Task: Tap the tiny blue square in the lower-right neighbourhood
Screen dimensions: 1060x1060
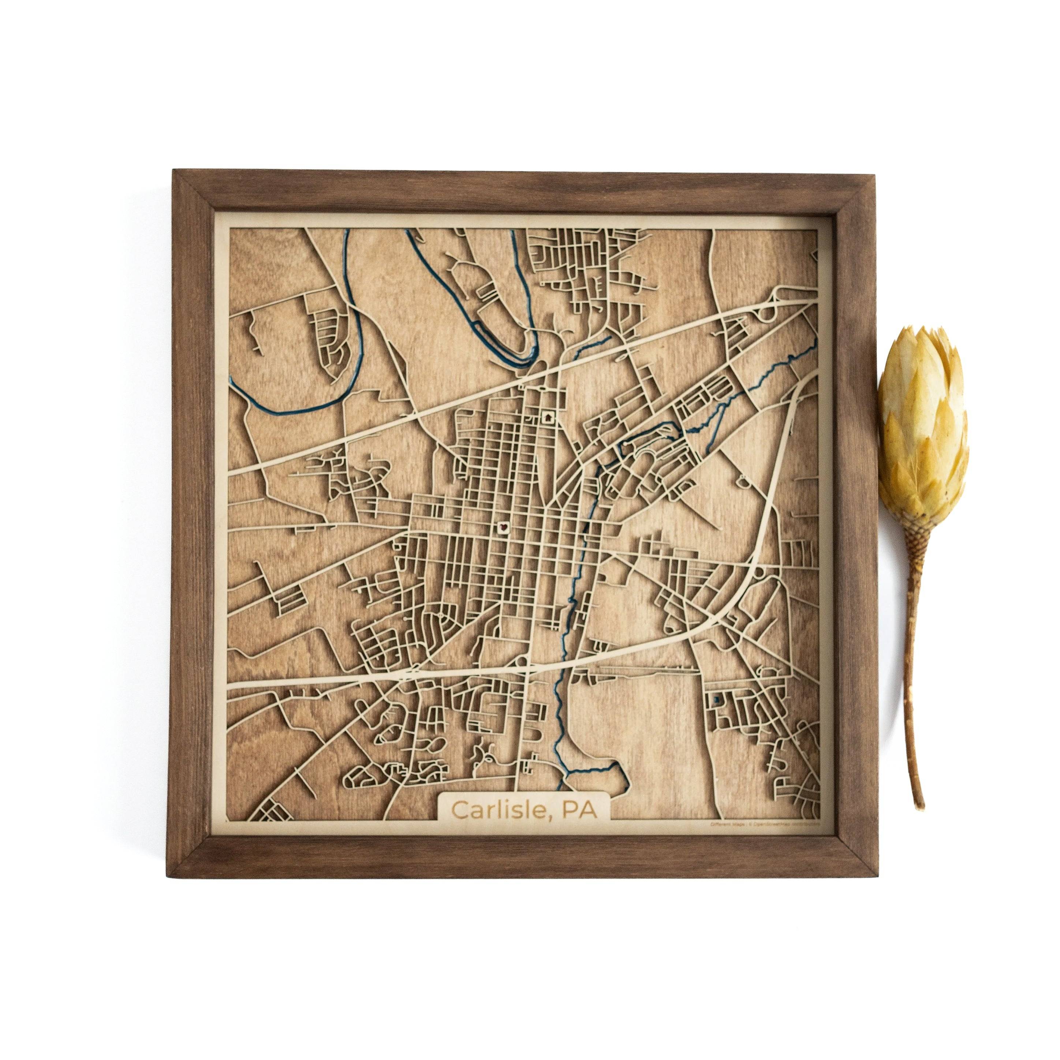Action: [x=715, y=700]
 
